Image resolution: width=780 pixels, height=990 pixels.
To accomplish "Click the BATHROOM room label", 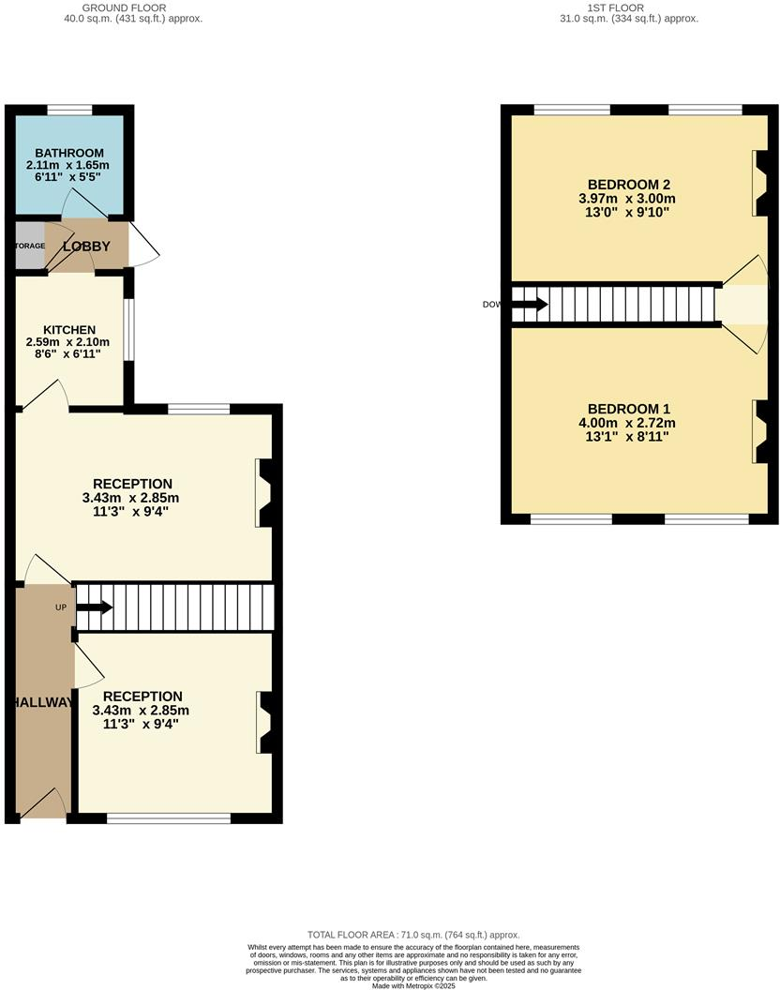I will (x=68, y=153).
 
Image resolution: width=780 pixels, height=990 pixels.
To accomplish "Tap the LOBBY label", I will (x=86, y=247).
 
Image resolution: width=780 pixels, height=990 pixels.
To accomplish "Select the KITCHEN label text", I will (x=68, y=330).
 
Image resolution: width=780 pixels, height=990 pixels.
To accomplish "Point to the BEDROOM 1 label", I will (x=628, y=409).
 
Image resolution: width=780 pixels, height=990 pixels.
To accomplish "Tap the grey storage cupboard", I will (x=29, y=246).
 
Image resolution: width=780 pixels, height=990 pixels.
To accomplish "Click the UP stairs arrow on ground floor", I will (x=94, y=607).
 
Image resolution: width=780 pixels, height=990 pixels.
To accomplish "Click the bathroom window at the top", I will (x=69, y=109).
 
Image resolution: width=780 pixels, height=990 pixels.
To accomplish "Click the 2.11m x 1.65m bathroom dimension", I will (x=68, y=165).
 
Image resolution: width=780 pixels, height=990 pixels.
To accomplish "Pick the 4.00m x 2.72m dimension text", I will (x=628, y=423).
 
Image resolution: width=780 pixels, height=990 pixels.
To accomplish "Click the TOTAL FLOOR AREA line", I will (x=413, y=935).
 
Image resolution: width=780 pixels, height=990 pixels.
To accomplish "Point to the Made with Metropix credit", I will (x=412, y=985).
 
